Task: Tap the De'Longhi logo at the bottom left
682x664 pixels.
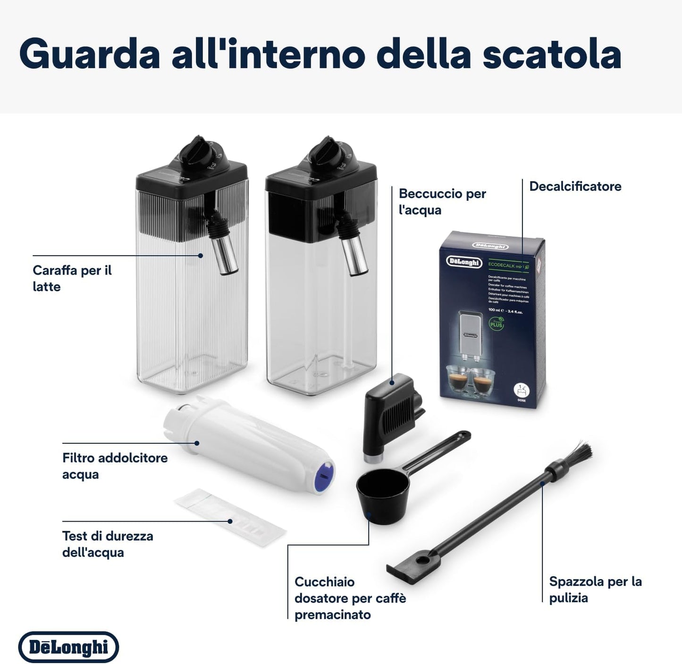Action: click(x=68, y=647)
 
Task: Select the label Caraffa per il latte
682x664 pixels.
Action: click(x=72, y=278)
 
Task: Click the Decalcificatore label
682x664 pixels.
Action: click(x=575, y=186)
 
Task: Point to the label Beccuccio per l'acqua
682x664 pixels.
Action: click(x=442, y=201)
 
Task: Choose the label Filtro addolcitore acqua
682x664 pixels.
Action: click(x=115, y=466)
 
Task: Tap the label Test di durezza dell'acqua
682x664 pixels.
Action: click(x=108, y=544)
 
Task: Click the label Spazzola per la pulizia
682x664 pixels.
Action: click(x=595, y=589)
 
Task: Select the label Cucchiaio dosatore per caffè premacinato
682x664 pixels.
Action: click(x=350, y=598)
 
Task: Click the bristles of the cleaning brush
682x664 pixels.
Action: click(x=579, y=454)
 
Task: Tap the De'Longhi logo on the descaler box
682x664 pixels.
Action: click(x=464, y=262)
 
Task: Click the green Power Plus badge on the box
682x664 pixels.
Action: click(x=496, y=324)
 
